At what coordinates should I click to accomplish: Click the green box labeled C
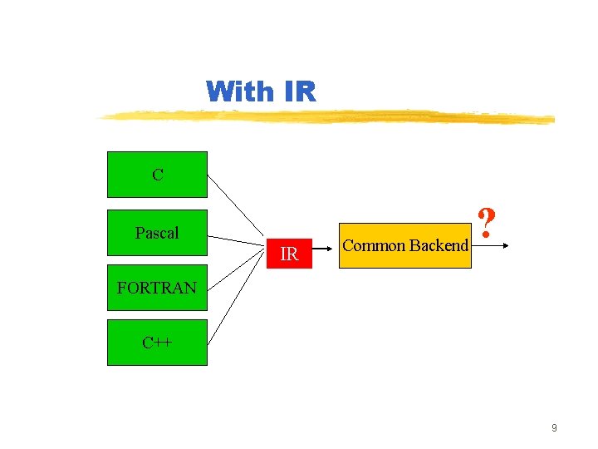coord(157,175)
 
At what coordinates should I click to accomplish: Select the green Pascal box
coord(157,233)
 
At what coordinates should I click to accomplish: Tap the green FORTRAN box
coord(157,289)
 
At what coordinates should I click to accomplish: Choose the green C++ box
coord(157,342)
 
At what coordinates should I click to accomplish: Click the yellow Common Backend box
coord(405,245)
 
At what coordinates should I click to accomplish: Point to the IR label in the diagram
coord(289,254)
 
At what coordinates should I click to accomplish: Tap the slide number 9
coord(554,428)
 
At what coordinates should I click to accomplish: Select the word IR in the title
coord(300,91)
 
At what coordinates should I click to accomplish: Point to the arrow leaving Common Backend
coord(494,246)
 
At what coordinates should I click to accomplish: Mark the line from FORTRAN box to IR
coord(237,270)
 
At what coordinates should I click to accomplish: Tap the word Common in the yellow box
coord(374,245)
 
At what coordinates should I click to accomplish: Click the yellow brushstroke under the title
coord(332,116)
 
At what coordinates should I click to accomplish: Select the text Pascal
coord(157,233)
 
